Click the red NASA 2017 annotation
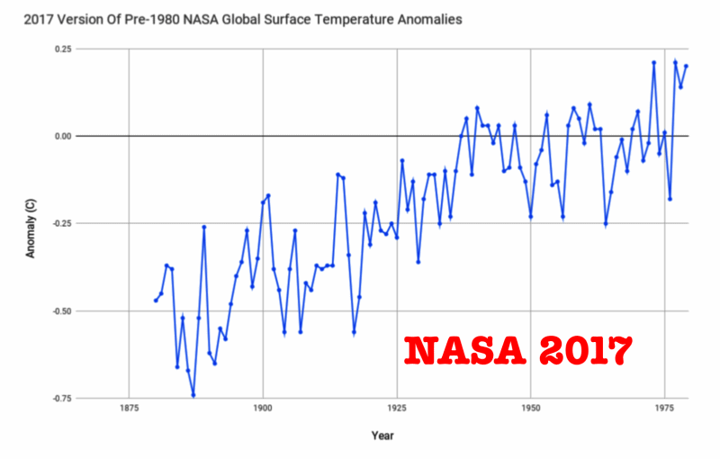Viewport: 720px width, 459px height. [517, 350]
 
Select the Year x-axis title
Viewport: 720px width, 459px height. [382, 436]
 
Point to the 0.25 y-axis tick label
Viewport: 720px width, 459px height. [59, 49]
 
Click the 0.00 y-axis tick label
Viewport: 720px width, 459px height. [59, 136]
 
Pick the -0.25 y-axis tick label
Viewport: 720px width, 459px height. [58, 223]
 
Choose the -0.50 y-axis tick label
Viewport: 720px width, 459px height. [58, 310]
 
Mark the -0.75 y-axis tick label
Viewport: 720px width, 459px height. [58, 398]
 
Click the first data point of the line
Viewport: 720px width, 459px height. [156, 300]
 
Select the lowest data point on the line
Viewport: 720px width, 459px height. [193, 394]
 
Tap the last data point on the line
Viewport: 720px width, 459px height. [686, 66]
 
